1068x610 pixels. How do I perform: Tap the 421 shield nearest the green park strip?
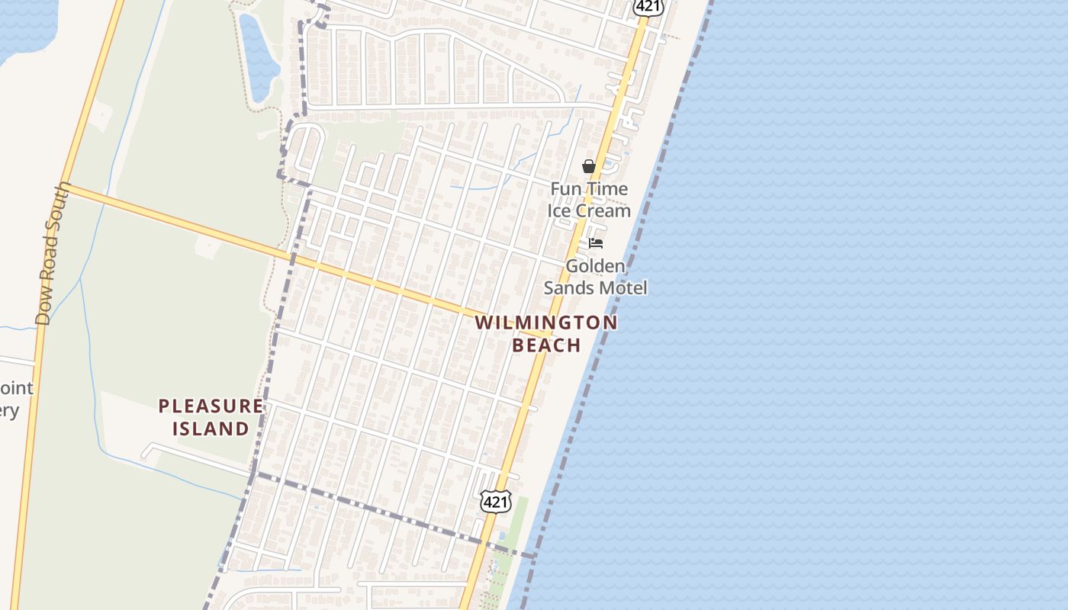(x=495, y=501)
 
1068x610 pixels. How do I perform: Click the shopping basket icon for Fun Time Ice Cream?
(x=589, y=166)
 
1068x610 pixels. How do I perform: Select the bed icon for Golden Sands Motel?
(x=596, y=243)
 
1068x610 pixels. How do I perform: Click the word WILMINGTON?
(x=546, y=323)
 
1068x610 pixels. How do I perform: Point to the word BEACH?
(x=546, y=345)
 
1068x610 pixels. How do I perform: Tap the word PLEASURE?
(x=211, y=406)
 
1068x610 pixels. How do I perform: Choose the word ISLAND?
(x=211, y=429)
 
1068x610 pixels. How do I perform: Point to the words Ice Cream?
(x=589, y=211)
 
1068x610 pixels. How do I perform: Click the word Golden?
(x=595, y=266)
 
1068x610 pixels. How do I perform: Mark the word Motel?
(x=624, y=287)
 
